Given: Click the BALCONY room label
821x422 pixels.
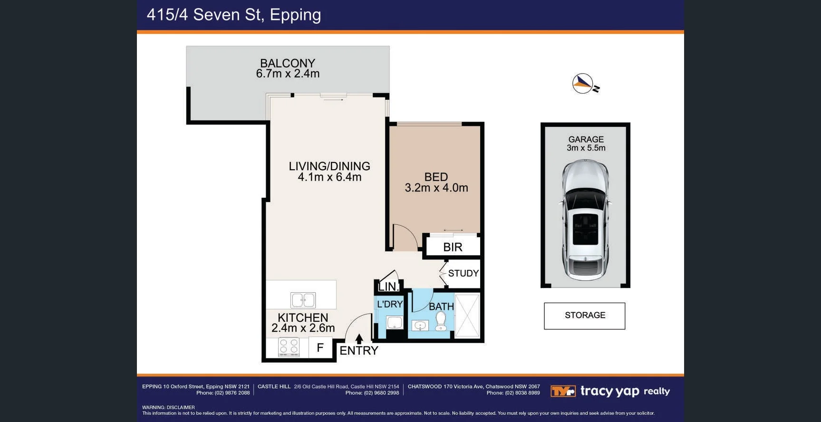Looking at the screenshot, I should (288, 63).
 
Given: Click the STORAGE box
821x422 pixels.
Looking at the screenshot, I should (584, 316).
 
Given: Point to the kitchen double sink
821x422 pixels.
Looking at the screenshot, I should (303, 300).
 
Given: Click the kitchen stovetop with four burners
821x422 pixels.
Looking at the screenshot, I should (289, 347).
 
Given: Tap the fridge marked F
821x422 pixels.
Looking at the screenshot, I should (320, 348).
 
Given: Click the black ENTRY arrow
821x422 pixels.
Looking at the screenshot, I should (359, 339).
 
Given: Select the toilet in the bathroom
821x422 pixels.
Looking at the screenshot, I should (441, 321).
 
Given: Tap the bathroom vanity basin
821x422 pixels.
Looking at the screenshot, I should (420, 326).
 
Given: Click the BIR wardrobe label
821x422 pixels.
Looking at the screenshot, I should (453, 247).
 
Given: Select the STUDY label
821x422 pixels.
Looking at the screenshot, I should (463, 273).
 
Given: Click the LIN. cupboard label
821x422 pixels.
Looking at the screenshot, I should (388, 287).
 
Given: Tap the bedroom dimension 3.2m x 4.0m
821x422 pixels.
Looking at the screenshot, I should (436, 188).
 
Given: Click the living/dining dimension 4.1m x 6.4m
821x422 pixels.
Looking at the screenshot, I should (329, 177).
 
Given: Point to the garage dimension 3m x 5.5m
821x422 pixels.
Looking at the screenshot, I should (586, 148).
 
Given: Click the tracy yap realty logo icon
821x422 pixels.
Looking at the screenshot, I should (563, 391).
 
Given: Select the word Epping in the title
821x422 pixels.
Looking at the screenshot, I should (295, 15).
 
